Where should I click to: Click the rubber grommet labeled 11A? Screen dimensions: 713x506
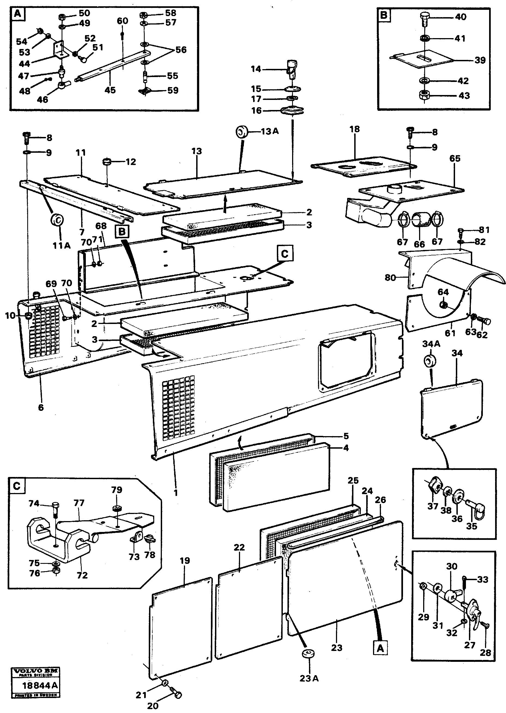click(x=57, y=220)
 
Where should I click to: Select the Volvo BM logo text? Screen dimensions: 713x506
click(x=35, y=671)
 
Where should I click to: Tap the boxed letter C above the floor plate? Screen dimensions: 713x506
click(x=285, y=254)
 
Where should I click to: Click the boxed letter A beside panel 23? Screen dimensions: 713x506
click(x=380, y=648)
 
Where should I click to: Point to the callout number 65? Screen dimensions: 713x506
click(x=455, y=158)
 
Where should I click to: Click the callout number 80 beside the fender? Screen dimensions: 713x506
click(x=390, y=277)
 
